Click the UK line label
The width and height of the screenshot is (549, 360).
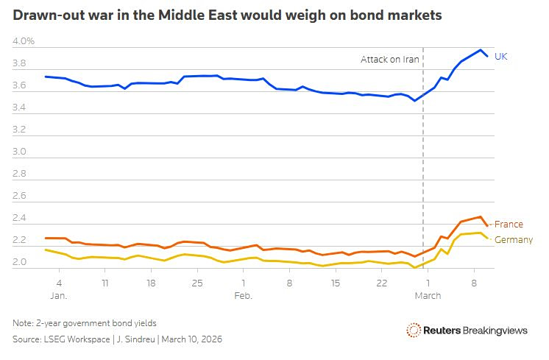point(500,56)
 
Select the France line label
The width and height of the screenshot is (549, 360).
point(509,225)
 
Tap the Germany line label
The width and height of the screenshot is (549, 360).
point(514,240)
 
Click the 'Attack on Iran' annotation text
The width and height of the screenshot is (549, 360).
point(390,59)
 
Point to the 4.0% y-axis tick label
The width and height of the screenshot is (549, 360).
point(24,42)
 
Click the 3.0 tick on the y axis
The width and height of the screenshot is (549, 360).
point(20,152)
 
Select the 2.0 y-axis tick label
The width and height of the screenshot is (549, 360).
point(20,262)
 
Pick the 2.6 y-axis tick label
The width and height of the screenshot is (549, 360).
point(20,197)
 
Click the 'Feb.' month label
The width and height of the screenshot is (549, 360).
point(244,296)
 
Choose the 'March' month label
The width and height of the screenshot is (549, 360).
point(428,296)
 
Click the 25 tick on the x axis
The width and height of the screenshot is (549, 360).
point(196,283)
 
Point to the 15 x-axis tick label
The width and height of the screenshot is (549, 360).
point(336,283)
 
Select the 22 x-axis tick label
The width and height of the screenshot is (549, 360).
point(382,283)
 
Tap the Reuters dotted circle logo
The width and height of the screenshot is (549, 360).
point(414,331)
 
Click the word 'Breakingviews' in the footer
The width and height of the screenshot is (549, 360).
point(495,331)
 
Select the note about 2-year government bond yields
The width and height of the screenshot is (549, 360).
point(85,323)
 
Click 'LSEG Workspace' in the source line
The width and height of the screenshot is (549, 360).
point(79,339)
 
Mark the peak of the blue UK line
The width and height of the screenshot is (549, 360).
point(480,50)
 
